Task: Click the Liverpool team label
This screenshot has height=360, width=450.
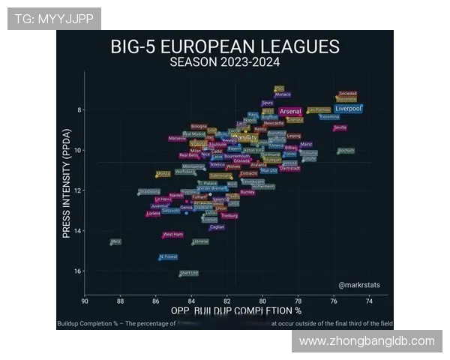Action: (x=348, y=109)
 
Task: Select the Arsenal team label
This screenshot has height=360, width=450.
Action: (x=290, y=112)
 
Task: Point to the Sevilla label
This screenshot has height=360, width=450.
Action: (x=340, y=127)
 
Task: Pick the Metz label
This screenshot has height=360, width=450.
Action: (x=115, y=241)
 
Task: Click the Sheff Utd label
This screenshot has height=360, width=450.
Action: (x=190, y=273)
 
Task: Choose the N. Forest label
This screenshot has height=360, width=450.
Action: (x=169, y=256)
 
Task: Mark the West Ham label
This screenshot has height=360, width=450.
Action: (x=173, y=234)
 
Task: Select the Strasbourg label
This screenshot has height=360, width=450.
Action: (x=149, y=192)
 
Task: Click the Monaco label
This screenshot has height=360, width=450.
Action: (x=283, y=94)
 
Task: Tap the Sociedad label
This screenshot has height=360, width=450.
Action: (x=348, y=94)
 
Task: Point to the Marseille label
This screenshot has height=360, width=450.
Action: (x=178, y=138)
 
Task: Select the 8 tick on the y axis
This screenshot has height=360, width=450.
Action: (x=78, y=110)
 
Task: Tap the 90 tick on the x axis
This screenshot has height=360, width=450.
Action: (x=85, y=301)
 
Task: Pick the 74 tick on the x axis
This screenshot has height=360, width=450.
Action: (x=369, y=301)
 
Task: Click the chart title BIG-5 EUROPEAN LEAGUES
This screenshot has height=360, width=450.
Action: (x=225, y=46)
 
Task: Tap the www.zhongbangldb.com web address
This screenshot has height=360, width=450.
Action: (x=367, y=341)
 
